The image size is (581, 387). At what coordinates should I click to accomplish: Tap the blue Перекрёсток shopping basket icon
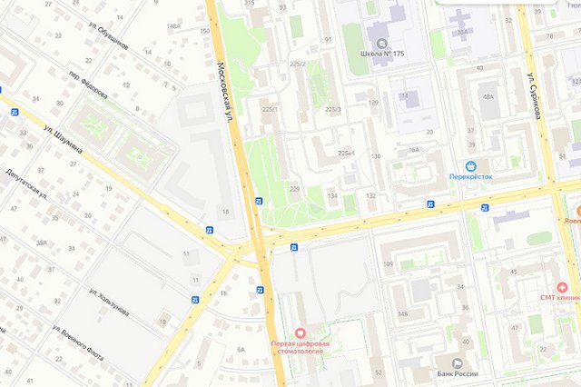click(471, 165)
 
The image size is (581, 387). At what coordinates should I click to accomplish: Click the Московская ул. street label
click(226, 91)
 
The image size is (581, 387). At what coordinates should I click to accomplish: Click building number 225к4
click(346, 154)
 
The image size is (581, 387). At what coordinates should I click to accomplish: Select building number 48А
click(488, 96)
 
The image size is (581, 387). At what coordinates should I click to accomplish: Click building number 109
click(388, 264)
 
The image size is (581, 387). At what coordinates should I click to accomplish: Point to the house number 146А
click(172, 26)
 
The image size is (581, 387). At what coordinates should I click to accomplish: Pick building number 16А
click(414, 150)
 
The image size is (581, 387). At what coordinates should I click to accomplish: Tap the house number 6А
click(241, 349)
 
